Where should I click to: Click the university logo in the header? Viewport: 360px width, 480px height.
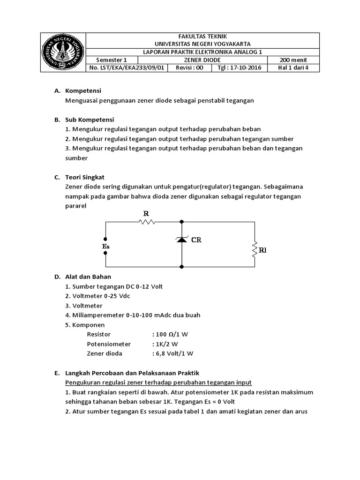tap(63, 52)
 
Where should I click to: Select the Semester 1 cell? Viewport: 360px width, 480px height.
tap(112, 60)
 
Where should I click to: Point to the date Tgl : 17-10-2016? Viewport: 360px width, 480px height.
tap(240, 67)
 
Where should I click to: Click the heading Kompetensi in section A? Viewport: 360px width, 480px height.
tap(83, 90)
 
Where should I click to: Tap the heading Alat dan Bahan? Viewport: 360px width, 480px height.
tap(88, 277)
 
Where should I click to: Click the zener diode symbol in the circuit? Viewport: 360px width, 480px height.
tap(181, 240)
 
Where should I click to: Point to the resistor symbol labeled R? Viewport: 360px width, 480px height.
tap(146, 222)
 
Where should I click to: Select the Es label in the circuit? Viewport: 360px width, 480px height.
tap(105, 246)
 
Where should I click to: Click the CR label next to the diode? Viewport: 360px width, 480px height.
tap(196, 240)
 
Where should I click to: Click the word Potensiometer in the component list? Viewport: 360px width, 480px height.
tap(109, 344)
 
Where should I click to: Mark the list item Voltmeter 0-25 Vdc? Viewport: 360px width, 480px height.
tap(99, 296)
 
